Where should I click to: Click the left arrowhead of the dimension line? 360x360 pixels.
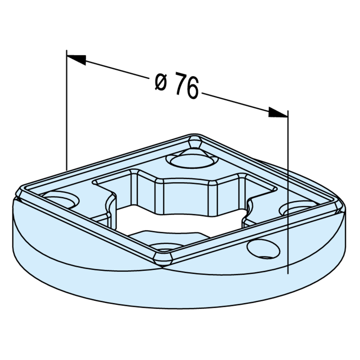77,59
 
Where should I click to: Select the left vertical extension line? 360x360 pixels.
67,111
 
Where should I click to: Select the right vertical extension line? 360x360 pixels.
288,193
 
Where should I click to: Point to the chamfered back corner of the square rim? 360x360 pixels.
195,140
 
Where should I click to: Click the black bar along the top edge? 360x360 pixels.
180,19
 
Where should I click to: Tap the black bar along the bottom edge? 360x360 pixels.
180,341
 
